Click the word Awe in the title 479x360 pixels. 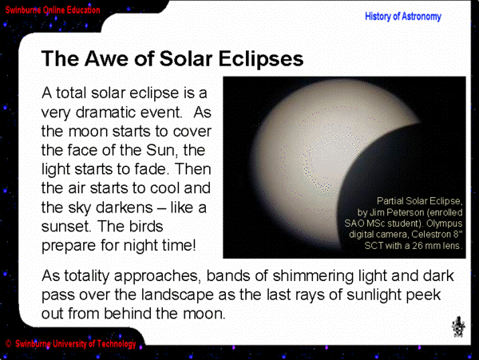[107, 58]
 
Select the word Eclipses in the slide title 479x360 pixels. [261, 59]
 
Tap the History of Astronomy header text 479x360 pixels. [403, 17]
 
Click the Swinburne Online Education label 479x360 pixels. [53, 10]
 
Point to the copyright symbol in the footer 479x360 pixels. [9, 344]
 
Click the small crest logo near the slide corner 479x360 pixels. [458, 326]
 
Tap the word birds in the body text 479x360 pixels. [146, 226]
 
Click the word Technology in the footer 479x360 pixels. [117, 344]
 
